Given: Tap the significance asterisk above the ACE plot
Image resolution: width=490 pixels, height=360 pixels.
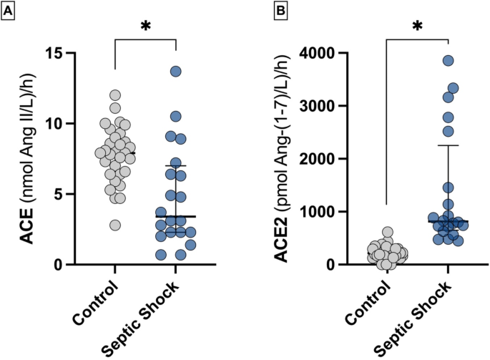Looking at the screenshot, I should click(145, 27).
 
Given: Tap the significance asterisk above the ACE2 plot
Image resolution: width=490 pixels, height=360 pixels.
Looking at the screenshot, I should click(417, 27).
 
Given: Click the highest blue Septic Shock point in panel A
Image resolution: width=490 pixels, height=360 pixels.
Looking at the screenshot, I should click(176, 71).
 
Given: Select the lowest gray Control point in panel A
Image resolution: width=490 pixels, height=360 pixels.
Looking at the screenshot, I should click(114, 225).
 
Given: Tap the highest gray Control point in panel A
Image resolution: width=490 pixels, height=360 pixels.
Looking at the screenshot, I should click(114, 95).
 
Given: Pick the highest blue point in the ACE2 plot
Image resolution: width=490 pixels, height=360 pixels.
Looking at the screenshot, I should click(448, 61).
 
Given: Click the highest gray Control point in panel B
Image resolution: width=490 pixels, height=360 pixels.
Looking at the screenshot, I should click(388, 233).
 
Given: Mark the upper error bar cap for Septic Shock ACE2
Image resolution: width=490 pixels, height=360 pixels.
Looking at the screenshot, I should click(448, 145).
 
